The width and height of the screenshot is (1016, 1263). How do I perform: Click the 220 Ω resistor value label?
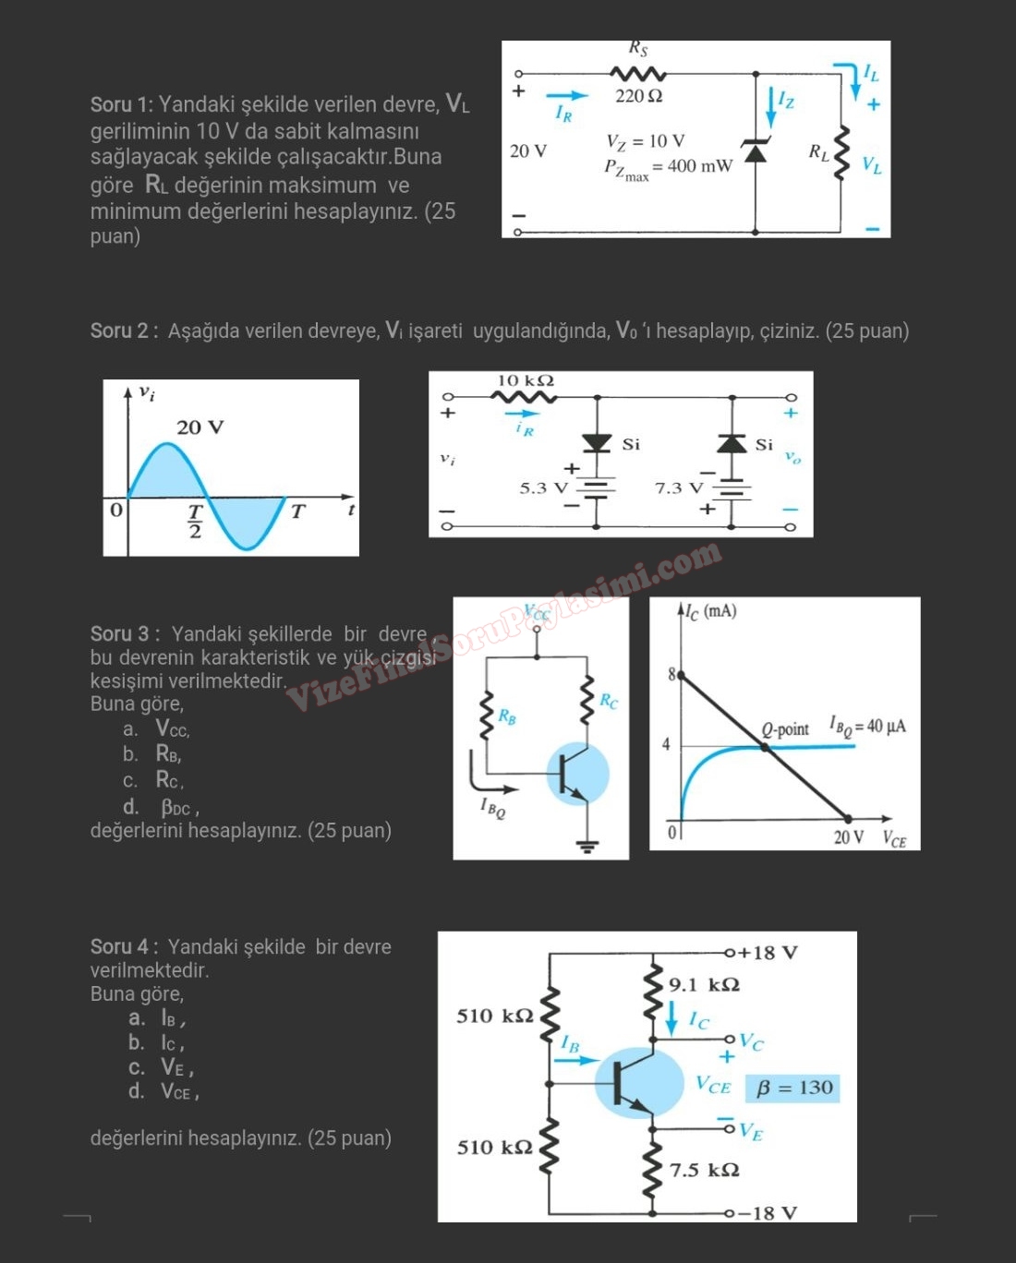click(x=639, y=96)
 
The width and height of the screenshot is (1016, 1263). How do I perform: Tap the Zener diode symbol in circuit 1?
click(x=756, y=150)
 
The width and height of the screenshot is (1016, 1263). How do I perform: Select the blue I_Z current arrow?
click(x=771, y=108)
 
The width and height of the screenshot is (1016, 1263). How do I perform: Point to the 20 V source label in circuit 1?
click(x=528, y=150)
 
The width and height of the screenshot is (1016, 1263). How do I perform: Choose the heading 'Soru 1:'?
click(x=121, y=105)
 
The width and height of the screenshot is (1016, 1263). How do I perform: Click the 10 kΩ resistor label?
click(x=526, y=380)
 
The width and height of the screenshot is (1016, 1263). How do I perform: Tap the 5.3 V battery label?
click(x=544, y=487)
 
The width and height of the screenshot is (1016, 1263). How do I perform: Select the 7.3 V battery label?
click(x=679, y=487)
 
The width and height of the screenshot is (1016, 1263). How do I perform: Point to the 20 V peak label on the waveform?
click(x=200, y=427)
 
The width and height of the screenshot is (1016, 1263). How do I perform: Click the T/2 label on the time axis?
click(x=195, y=522)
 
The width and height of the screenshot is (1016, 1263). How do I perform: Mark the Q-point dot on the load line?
click(x=764, y=747)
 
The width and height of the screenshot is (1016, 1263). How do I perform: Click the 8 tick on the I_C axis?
click(x=671, y=675)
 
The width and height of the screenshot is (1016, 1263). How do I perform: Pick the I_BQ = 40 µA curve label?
click(x=867, y=727)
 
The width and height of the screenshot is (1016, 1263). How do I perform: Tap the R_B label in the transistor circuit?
click(x=507, y=716)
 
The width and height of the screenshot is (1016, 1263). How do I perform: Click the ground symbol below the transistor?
click(x=587, y=846)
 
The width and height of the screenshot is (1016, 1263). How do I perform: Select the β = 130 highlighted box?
click(x=792, y=1088)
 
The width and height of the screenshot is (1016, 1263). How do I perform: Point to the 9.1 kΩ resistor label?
click(x=704, y=984)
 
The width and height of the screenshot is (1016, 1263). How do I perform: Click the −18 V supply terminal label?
click(x=768, y=1212)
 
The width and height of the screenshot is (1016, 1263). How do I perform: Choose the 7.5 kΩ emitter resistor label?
click(x=704, y=1170)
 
